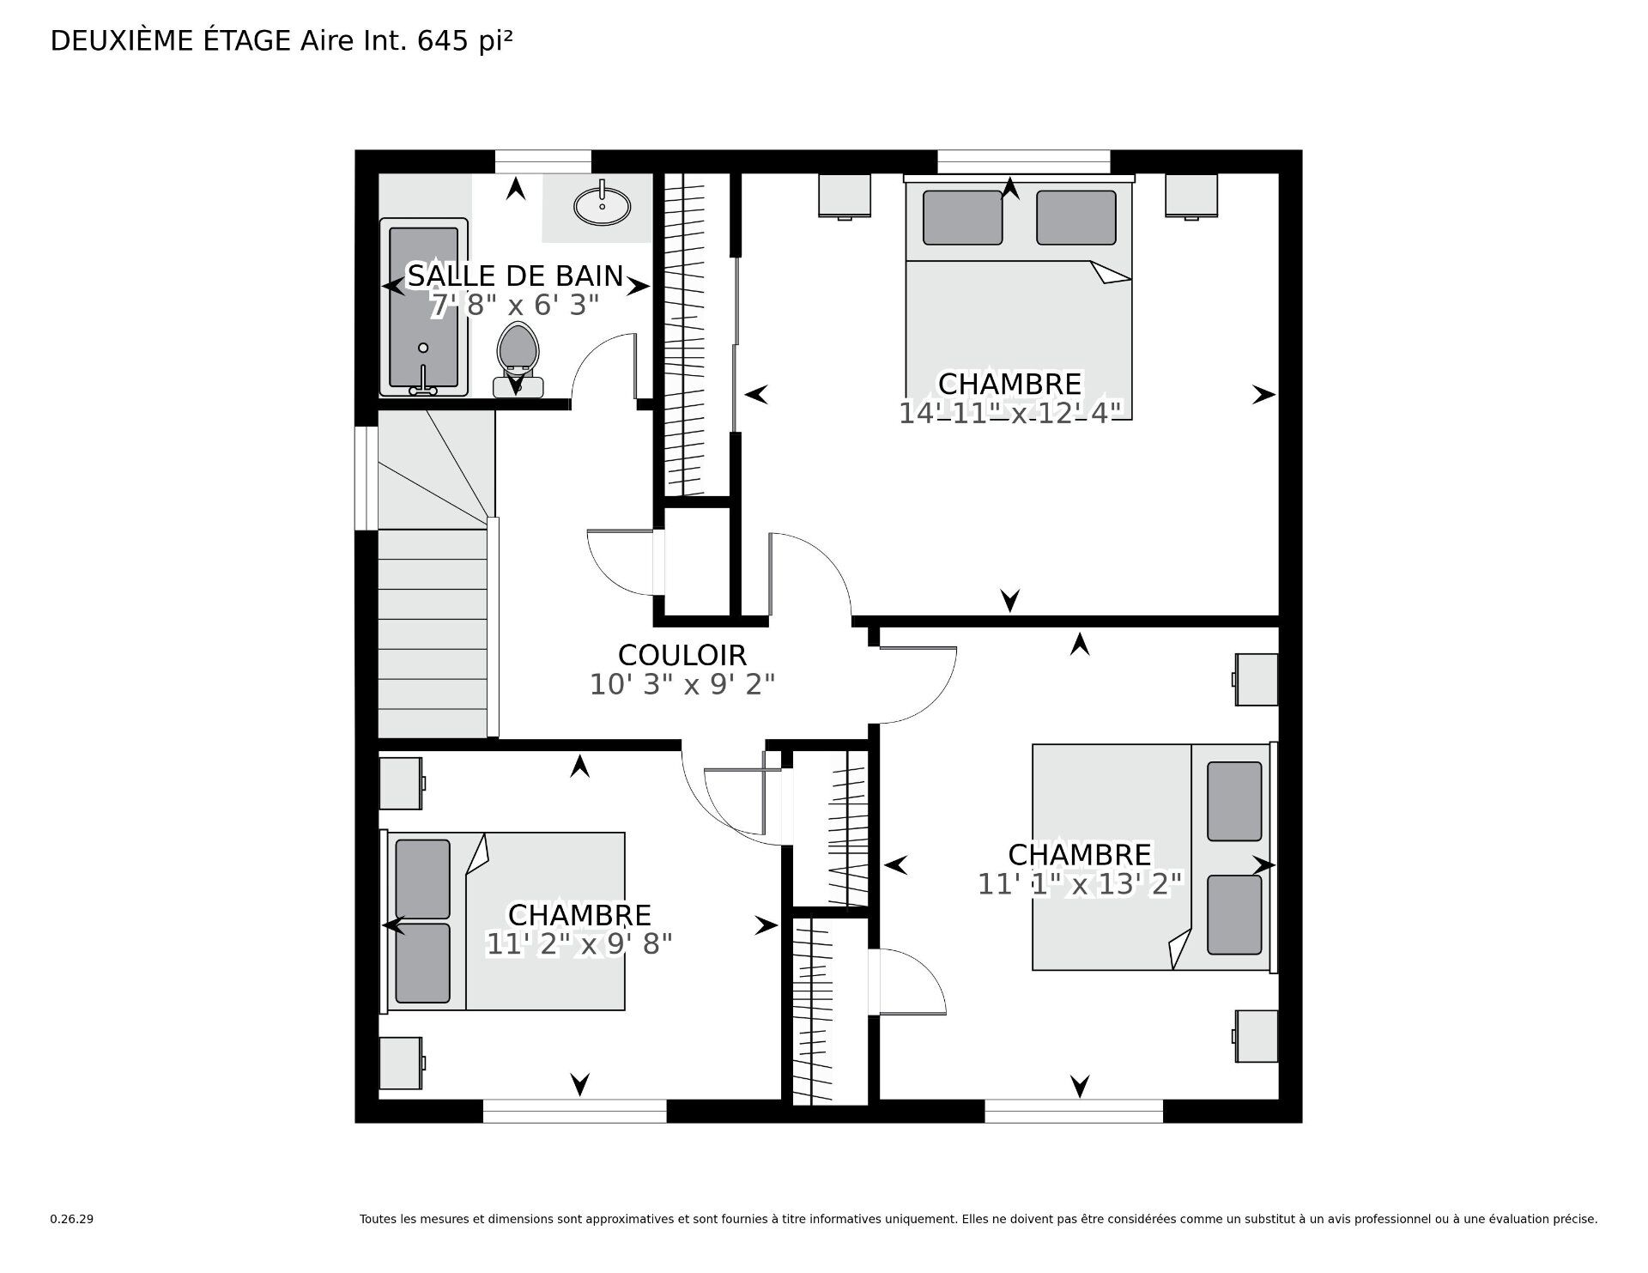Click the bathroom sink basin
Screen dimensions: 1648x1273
point(602,205)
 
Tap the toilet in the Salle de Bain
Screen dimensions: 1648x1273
point(517,361)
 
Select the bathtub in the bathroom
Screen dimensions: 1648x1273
point(424,306)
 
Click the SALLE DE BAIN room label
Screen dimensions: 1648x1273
point(515,276)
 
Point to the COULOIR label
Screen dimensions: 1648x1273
point(682,655)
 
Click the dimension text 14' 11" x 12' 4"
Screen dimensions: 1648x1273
point(1010,413)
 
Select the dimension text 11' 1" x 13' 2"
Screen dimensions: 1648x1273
point(1081,883)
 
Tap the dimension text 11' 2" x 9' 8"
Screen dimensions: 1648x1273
point(579,943)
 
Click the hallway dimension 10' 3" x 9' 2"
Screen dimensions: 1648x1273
point(682,684)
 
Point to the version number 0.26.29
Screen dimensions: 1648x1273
point(71,1219)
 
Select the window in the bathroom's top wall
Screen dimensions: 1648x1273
point(543,161)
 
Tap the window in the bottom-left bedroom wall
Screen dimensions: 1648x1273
point(574,1111)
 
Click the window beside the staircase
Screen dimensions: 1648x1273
point(367,477)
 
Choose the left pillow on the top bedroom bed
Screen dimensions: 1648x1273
point(962,217)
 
